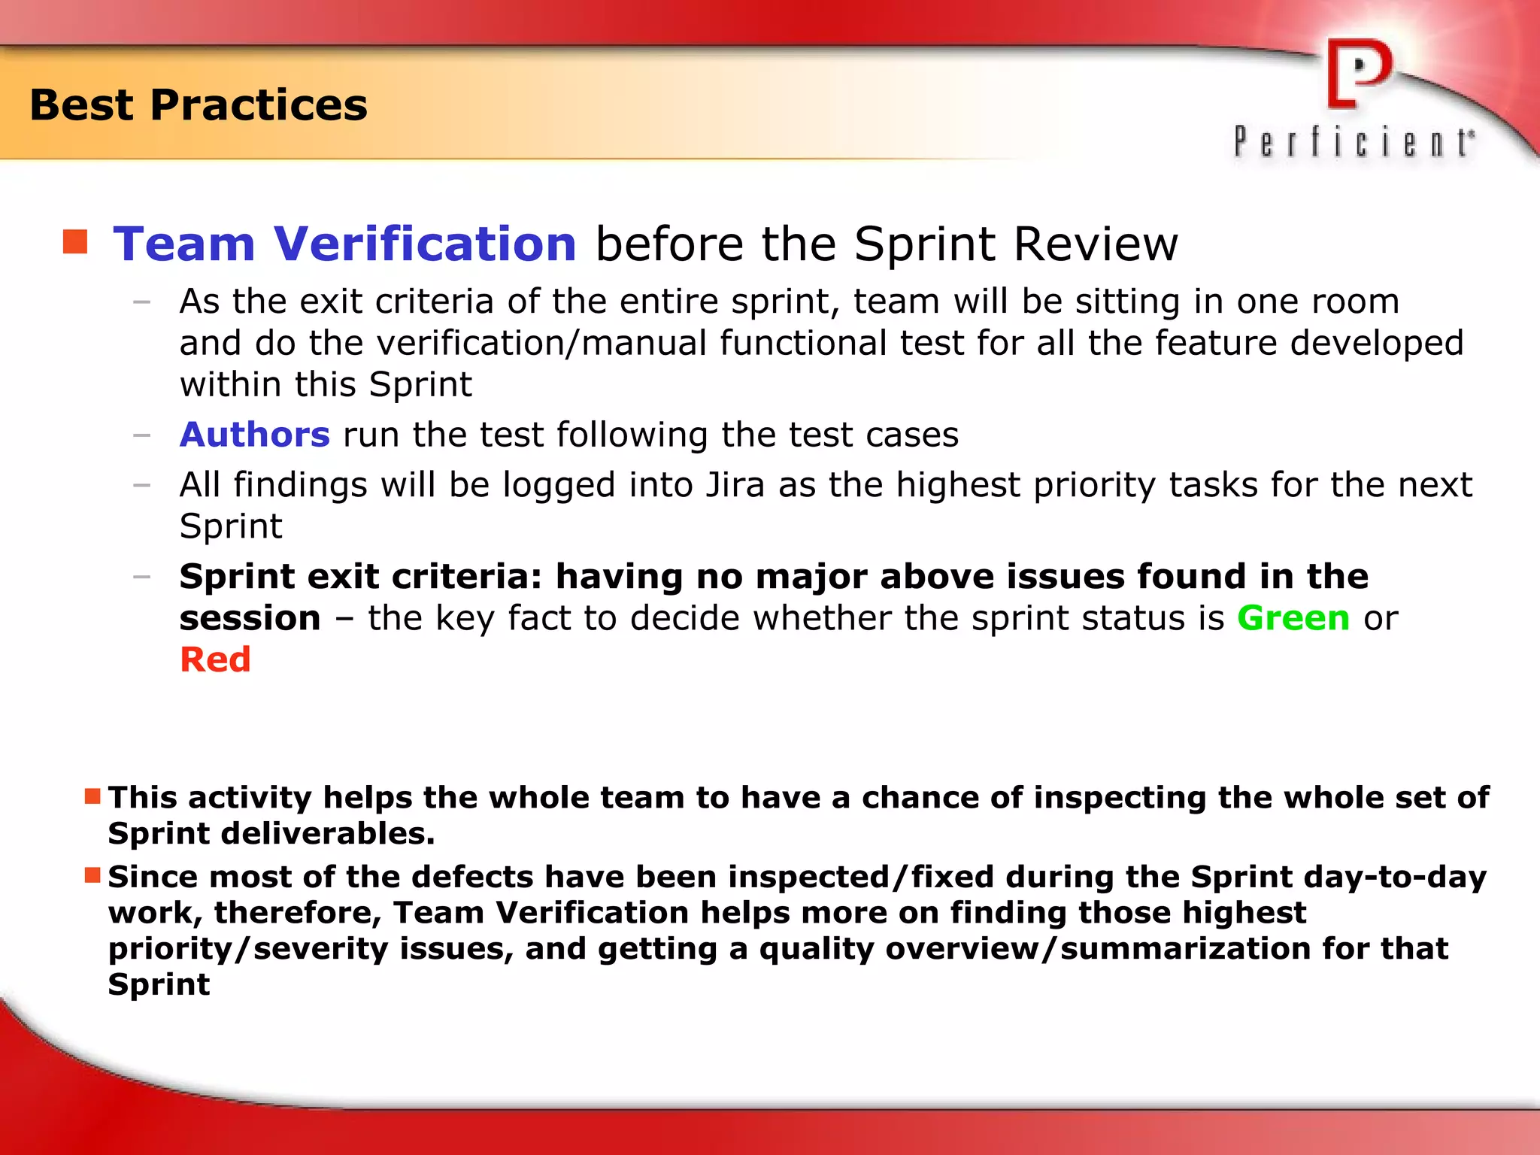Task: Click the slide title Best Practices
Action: coord(199,105)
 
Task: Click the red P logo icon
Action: coord(1360,74)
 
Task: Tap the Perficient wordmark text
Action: coord(1354,142)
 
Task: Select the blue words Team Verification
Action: coord(344,244)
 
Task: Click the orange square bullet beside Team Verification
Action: coord(75,242)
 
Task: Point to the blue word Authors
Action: coord(254,435)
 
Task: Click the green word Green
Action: coord(1293,618)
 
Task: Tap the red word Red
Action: coord(215,659)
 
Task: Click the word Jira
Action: coord(735,485)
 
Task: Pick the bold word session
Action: coord(250,618)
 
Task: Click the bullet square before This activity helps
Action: coord(92,796)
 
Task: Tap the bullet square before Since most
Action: coord(92,875)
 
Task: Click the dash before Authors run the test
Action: coord(141,435)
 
